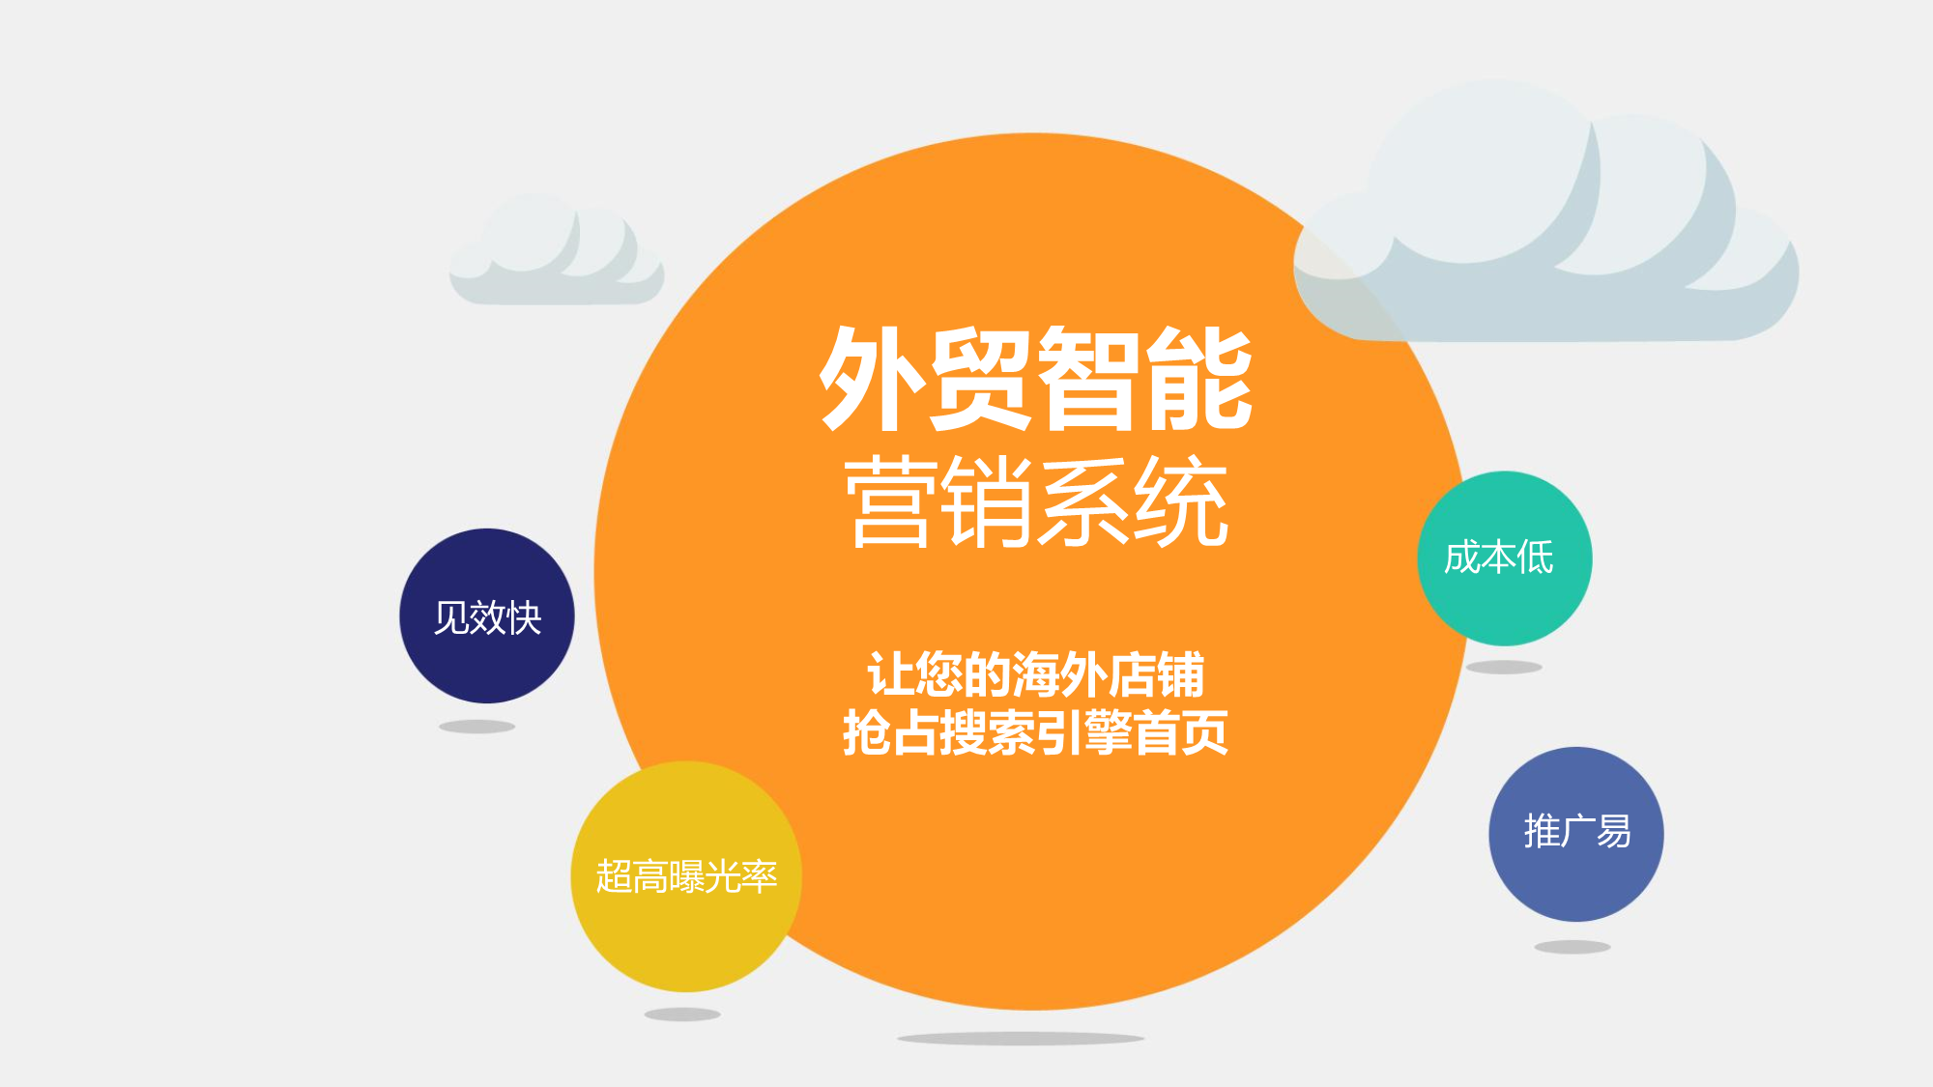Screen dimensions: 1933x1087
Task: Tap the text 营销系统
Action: pos(1036,501)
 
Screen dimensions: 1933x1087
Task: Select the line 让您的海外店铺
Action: pos(1036,673)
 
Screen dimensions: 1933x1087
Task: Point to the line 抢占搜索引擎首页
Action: pos(1036,731)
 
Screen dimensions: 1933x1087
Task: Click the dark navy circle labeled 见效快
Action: pos(487,615)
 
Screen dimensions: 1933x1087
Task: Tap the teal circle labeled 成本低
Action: pos(1505,558)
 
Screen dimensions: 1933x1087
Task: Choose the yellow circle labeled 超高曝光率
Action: pos(686,876)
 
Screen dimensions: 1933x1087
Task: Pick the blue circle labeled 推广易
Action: pos(1576,834)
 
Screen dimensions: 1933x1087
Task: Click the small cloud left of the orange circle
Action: pos(557,251)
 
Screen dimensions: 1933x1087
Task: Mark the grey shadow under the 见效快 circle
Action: pos(477,727)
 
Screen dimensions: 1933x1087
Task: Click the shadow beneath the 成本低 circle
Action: pos(1504,667)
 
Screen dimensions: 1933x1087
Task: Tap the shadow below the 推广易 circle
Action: pos(1572,947)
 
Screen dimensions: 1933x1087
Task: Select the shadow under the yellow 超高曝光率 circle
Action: pos(682,1015)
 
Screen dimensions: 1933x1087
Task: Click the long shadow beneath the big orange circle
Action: pos(1021,1039)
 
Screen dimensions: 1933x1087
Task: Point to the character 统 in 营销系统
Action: pos(1181,501)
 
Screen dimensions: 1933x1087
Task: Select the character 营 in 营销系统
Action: pos(892,501)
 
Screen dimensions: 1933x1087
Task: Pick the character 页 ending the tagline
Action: pos(1205,731)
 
